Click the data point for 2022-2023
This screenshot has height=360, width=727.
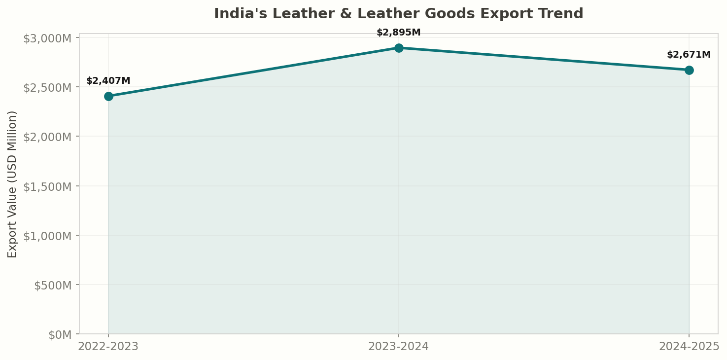tap(108, 96)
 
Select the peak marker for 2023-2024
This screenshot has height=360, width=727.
tap(399, 48)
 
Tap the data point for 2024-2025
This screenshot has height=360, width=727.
tap(689, 70)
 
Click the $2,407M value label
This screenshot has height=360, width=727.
tap(108, 81)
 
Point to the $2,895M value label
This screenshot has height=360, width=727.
tap(399, 33)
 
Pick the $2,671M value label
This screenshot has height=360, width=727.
tap(689, 55)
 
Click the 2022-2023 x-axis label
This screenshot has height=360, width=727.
tap(108, 346)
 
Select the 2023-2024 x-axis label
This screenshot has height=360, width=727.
tap(399, 346)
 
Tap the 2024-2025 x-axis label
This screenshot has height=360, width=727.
tap(689, 346)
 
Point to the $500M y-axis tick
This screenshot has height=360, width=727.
tap(53, 285)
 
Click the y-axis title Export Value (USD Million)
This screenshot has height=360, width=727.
tap(12, 184)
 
